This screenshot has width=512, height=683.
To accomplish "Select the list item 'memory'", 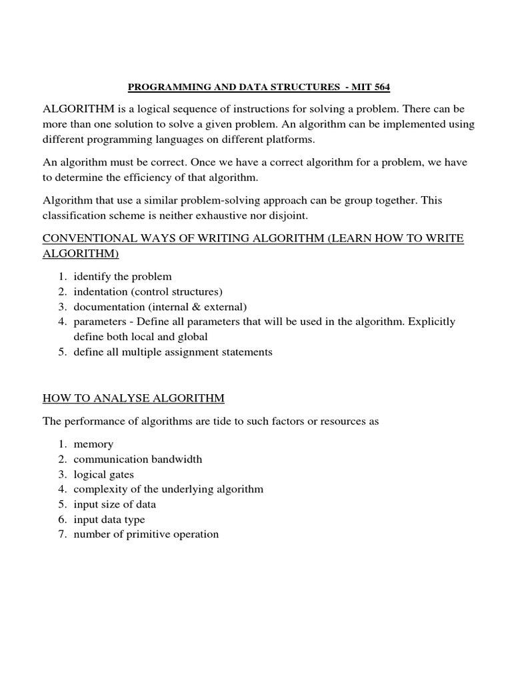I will point(93,444).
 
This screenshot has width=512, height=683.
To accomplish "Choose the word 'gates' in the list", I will point(120,474).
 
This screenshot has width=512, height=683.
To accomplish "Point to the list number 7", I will point(61,534).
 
